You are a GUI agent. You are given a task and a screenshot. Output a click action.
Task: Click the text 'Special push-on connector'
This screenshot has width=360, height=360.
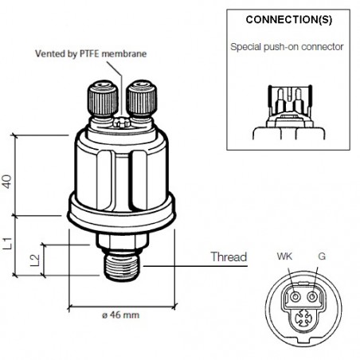(287, 47)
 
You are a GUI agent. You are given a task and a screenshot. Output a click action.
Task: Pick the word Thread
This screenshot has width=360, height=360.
(229, 257)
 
